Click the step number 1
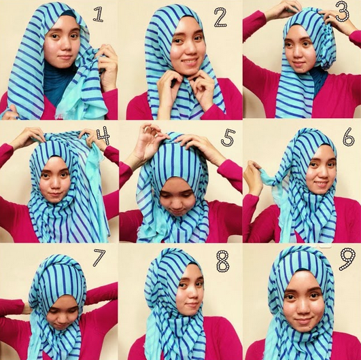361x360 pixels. (x=98, y=14)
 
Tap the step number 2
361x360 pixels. (x=220, y=17)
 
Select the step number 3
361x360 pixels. (x=343, y=12)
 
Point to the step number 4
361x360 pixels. (x=103, y=135)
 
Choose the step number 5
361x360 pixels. (x=228, y=138)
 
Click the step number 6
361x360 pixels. (x=349, y=137)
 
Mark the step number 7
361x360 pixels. (x=99, y=257)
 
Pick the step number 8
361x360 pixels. (x=223, y=261)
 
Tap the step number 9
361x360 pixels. (x=347, y=259)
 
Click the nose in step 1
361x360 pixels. (x=65, y=46)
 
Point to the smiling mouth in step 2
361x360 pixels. (x=189, y=62)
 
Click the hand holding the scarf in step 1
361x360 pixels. (x=107, y=67)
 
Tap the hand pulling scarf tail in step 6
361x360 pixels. (x=253, y=177)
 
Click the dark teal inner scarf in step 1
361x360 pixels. (x=58, y=81)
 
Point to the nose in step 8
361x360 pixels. (x=192, y=293)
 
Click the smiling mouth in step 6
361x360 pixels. (x=321, y=184)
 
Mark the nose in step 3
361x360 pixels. (x=298, y=51)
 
